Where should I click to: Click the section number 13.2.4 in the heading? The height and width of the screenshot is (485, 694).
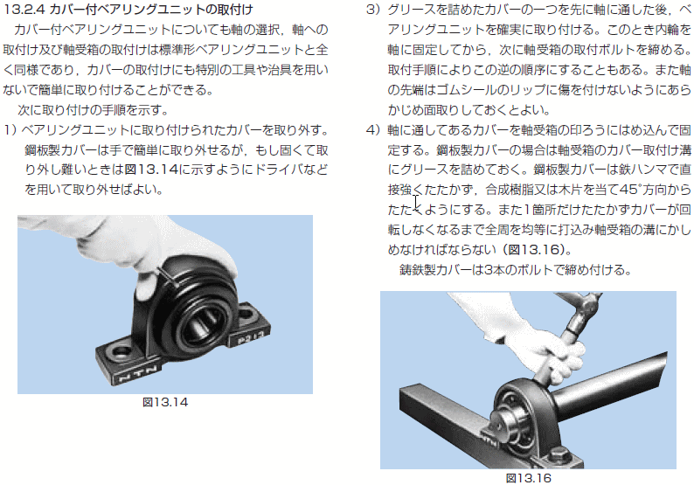tap(24, 9)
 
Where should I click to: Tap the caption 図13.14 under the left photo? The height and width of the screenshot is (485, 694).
tap(165, 402)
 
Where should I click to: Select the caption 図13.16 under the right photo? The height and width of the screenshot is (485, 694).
tap(529, 478)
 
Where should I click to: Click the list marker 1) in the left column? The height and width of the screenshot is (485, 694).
tap(10, 130)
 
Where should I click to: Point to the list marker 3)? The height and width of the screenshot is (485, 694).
tap(373, 10)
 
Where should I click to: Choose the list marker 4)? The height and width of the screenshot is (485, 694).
tap(373, 130)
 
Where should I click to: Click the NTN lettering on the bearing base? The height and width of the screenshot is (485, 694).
tap(138, 374)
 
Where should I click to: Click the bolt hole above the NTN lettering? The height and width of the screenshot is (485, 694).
tap(121, 352)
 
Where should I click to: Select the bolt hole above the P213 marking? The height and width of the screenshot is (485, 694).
tap(249, 315)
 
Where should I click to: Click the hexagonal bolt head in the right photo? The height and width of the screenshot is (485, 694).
tap(559, 454)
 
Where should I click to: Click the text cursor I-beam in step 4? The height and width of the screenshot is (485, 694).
tap(416, 201)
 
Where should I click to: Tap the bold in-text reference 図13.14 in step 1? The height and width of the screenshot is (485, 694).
tap(151, 170)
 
